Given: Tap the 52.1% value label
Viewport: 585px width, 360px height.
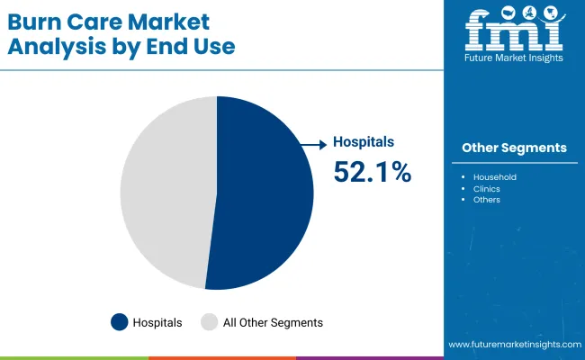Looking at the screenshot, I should (x=372, y=171).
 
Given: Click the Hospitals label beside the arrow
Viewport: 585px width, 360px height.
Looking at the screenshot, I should (x=364, y=142).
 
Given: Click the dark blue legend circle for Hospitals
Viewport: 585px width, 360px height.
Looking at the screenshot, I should (x=119, y=321).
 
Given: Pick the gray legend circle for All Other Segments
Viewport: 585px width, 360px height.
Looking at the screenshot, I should (x=209, y=321).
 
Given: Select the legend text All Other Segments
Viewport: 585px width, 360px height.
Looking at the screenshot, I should (x=273, y=322).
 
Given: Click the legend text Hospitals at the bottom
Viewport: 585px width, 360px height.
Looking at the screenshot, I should (x=157, y=322).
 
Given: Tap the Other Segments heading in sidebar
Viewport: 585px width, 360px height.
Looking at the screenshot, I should (x=514, y=148).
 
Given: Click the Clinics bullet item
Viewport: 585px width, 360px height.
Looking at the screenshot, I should (x=487, y=189).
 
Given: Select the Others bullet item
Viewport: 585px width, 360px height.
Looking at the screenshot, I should (x=486, y=200).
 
